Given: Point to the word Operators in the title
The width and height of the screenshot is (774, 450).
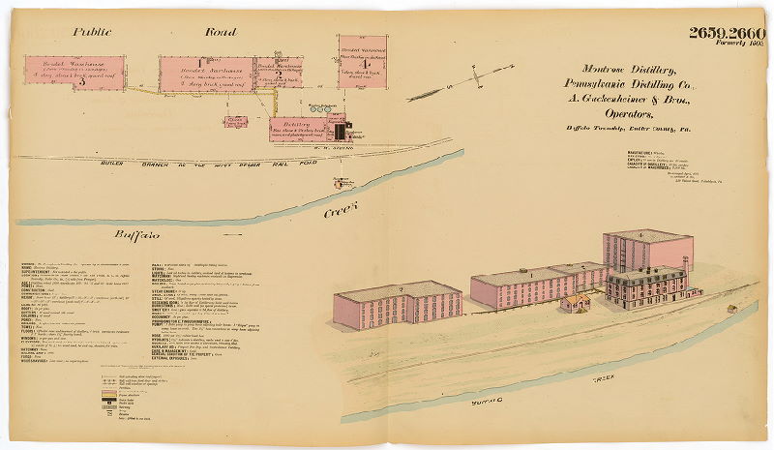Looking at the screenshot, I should pyautogui.click(x=635, y=112).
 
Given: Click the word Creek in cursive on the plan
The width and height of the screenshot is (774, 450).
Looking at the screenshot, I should pyautogui.click(x=341, y=208).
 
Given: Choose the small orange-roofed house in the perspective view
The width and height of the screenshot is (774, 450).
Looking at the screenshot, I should pyautogui.click(x=576, y=303).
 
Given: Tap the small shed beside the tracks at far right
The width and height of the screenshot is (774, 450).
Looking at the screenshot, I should pyautogui.click(x=732, y=309).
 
